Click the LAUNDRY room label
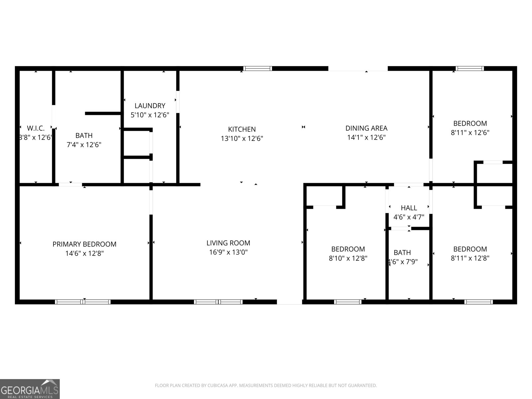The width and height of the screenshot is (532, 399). tap(150, 106)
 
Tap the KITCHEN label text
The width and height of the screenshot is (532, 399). tap(242, 129)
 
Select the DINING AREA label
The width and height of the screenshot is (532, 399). tap(366, 128)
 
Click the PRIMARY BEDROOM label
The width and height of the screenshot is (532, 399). tap(84, 244)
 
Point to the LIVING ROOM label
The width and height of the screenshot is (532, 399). tap(228, 243)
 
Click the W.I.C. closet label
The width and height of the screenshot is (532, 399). tap(36, 128)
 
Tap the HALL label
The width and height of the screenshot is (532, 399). tap(409, 208)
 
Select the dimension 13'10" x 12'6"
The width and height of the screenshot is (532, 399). tap(242, 138)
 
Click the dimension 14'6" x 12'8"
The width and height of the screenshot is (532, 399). tap(84, 253)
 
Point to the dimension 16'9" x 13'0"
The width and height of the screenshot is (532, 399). tap(228, 252)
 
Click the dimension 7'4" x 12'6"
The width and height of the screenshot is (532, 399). tap(84, 145)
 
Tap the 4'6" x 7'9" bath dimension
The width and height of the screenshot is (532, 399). tap(403, 262)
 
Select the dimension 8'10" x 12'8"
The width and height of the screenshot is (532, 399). tap(348, 258)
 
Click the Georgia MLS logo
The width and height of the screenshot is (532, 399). tap(30, 389)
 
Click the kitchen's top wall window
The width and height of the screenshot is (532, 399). tap(258, 68)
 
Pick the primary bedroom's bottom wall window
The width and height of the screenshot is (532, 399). tap(83, 302)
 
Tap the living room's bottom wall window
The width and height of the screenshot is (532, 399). tap(218, 302)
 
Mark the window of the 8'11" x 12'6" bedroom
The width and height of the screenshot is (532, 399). tap(469, 68)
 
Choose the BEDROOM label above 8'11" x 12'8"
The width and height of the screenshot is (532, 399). tap(470, 249)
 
